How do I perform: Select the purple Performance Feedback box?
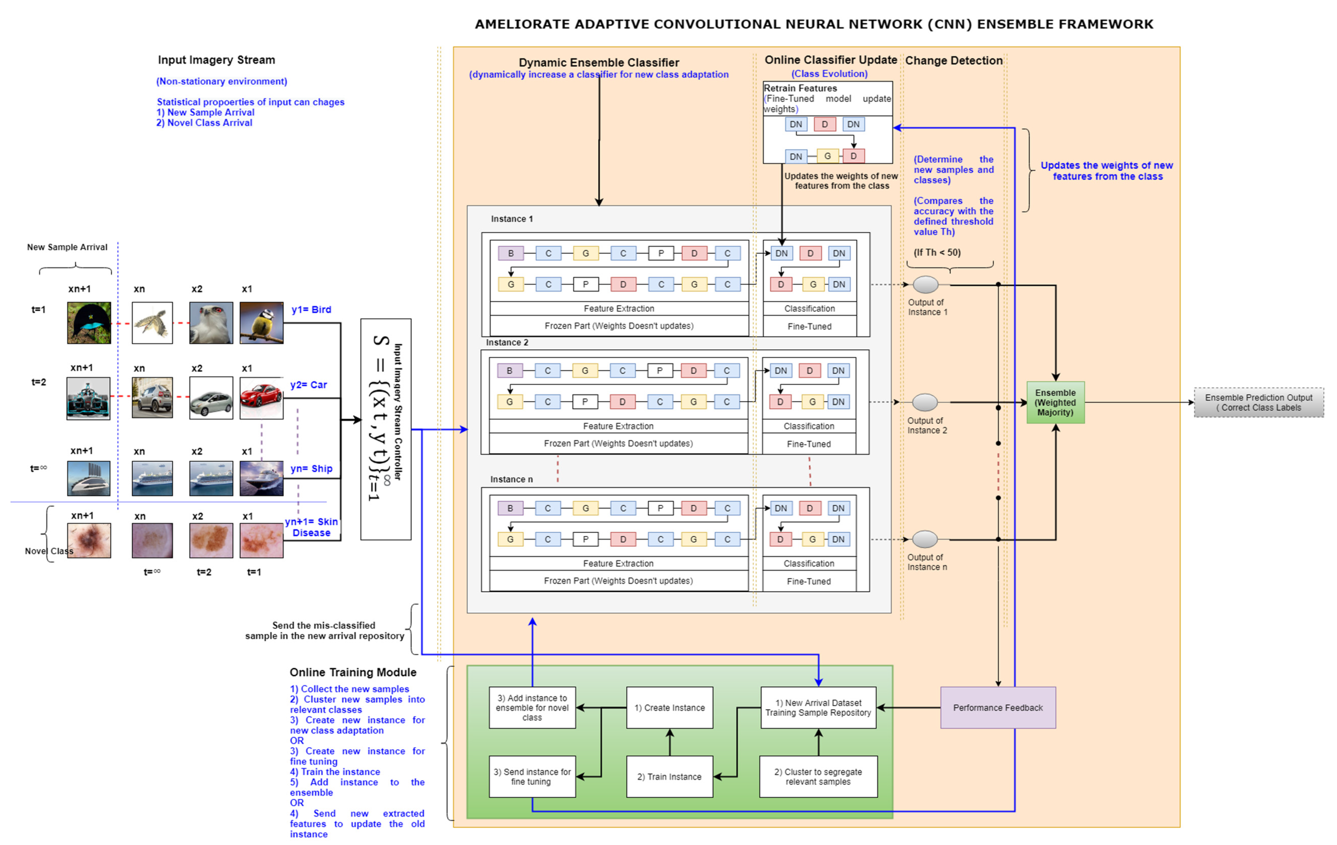pos(998,707)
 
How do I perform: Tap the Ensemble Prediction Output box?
pos(1259,402)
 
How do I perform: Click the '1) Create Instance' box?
pos(670,707)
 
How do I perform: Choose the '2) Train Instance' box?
pos(670,776)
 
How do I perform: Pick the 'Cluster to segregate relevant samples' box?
pos(818,776)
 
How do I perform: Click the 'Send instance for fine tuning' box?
pos(532,776)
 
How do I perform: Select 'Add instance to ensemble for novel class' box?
pos(532,707)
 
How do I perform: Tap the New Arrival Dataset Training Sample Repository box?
pos(818,707)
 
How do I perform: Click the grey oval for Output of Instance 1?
pos(925,284)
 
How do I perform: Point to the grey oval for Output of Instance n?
pos(925,539)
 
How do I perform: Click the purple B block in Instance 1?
pos(511,253)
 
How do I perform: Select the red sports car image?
pos(262,398)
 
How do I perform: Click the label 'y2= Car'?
pos(309,384)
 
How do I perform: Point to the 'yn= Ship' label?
pos(312,468)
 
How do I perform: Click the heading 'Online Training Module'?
pos(353,672)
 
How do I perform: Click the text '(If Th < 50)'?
pos(937,252)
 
